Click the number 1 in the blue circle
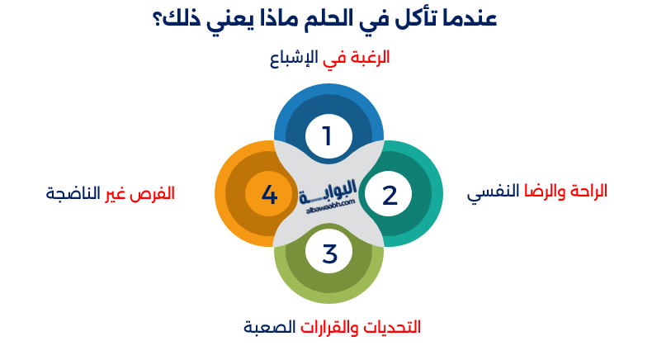click(327, 135)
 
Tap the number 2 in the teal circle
click(390, 196)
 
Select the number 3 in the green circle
click(329, 254)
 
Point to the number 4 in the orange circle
click(269, 196)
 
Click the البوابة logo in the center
click(328, 189)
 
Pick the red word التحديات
click(391, 327)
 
